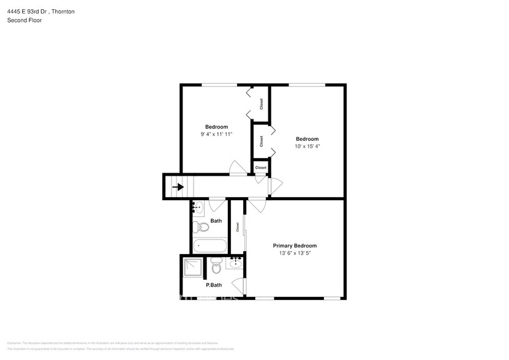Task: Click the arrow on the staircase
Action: click(x=178, y=187)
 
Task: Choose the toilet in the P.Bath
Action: click(x=216, y=267)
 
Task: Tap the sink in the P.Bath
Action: click(x=236, y=263)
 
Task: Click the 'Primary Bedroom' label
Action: click(x=295, y=246)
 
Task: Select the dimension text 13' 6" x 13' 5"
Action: click(x=295, y=253)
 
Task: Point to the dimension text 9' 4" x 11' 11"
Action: click(x=216, y=134)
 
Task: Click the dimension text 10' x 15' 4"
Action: click(x=307, y=146)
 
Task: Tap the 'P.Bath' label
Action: click(x=214, y=285)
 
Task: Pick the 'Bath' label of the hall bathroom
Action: click(x=216, y=220)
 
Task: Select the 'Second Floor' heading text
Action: click(x=25, y=20)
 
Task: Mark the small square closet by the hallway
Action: click(x=261, y=167)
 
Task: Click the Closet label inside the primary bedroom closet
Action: click(x=237, y=226)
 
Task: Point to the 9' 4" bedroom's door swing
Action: click(x=236, y=167)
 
